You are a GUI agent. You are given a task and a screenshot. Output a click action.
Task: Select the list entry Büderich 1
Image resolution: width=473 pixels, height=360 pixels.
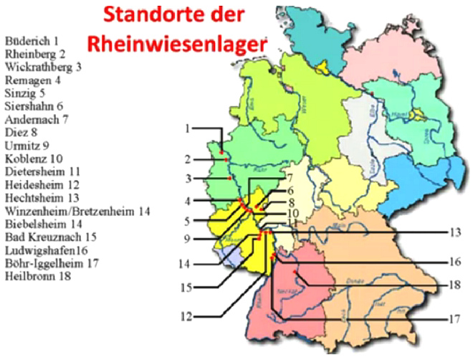tap(32, 41)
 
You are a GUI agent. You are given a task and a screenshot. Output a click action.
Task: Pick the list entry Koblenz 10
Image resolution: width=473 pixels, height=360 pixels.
tap(34, 158)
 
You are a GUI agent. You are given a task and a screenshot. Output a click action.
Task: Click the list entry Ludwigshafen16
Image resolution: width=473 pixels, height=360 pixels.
tap(46, 250)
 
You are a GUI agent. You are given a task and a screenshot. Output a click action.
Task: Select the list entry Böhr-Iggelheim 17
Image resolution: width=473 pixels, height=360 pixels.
tap(52, 263)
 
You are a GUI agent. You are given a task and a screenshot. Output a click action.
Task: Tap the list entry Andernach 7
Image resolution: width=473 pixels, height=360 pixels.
tap(36, 119)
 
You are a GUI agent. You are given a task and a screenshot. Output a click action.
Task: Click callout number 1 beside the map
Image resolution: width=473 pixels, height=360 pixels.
tap(187, 129)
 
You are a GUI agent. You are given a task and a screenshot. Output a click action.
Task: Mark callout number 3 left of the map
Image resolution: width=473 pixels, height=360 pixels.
tap(187, 178)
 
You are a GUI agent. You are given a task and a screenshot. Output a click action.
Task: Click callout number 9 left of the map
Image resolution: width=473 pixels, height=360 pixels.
tap(187, 239)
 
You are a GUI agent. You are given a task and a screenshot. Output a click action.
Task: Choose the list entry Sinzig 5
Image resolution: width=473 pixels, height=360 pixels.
tap(25, 93)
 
